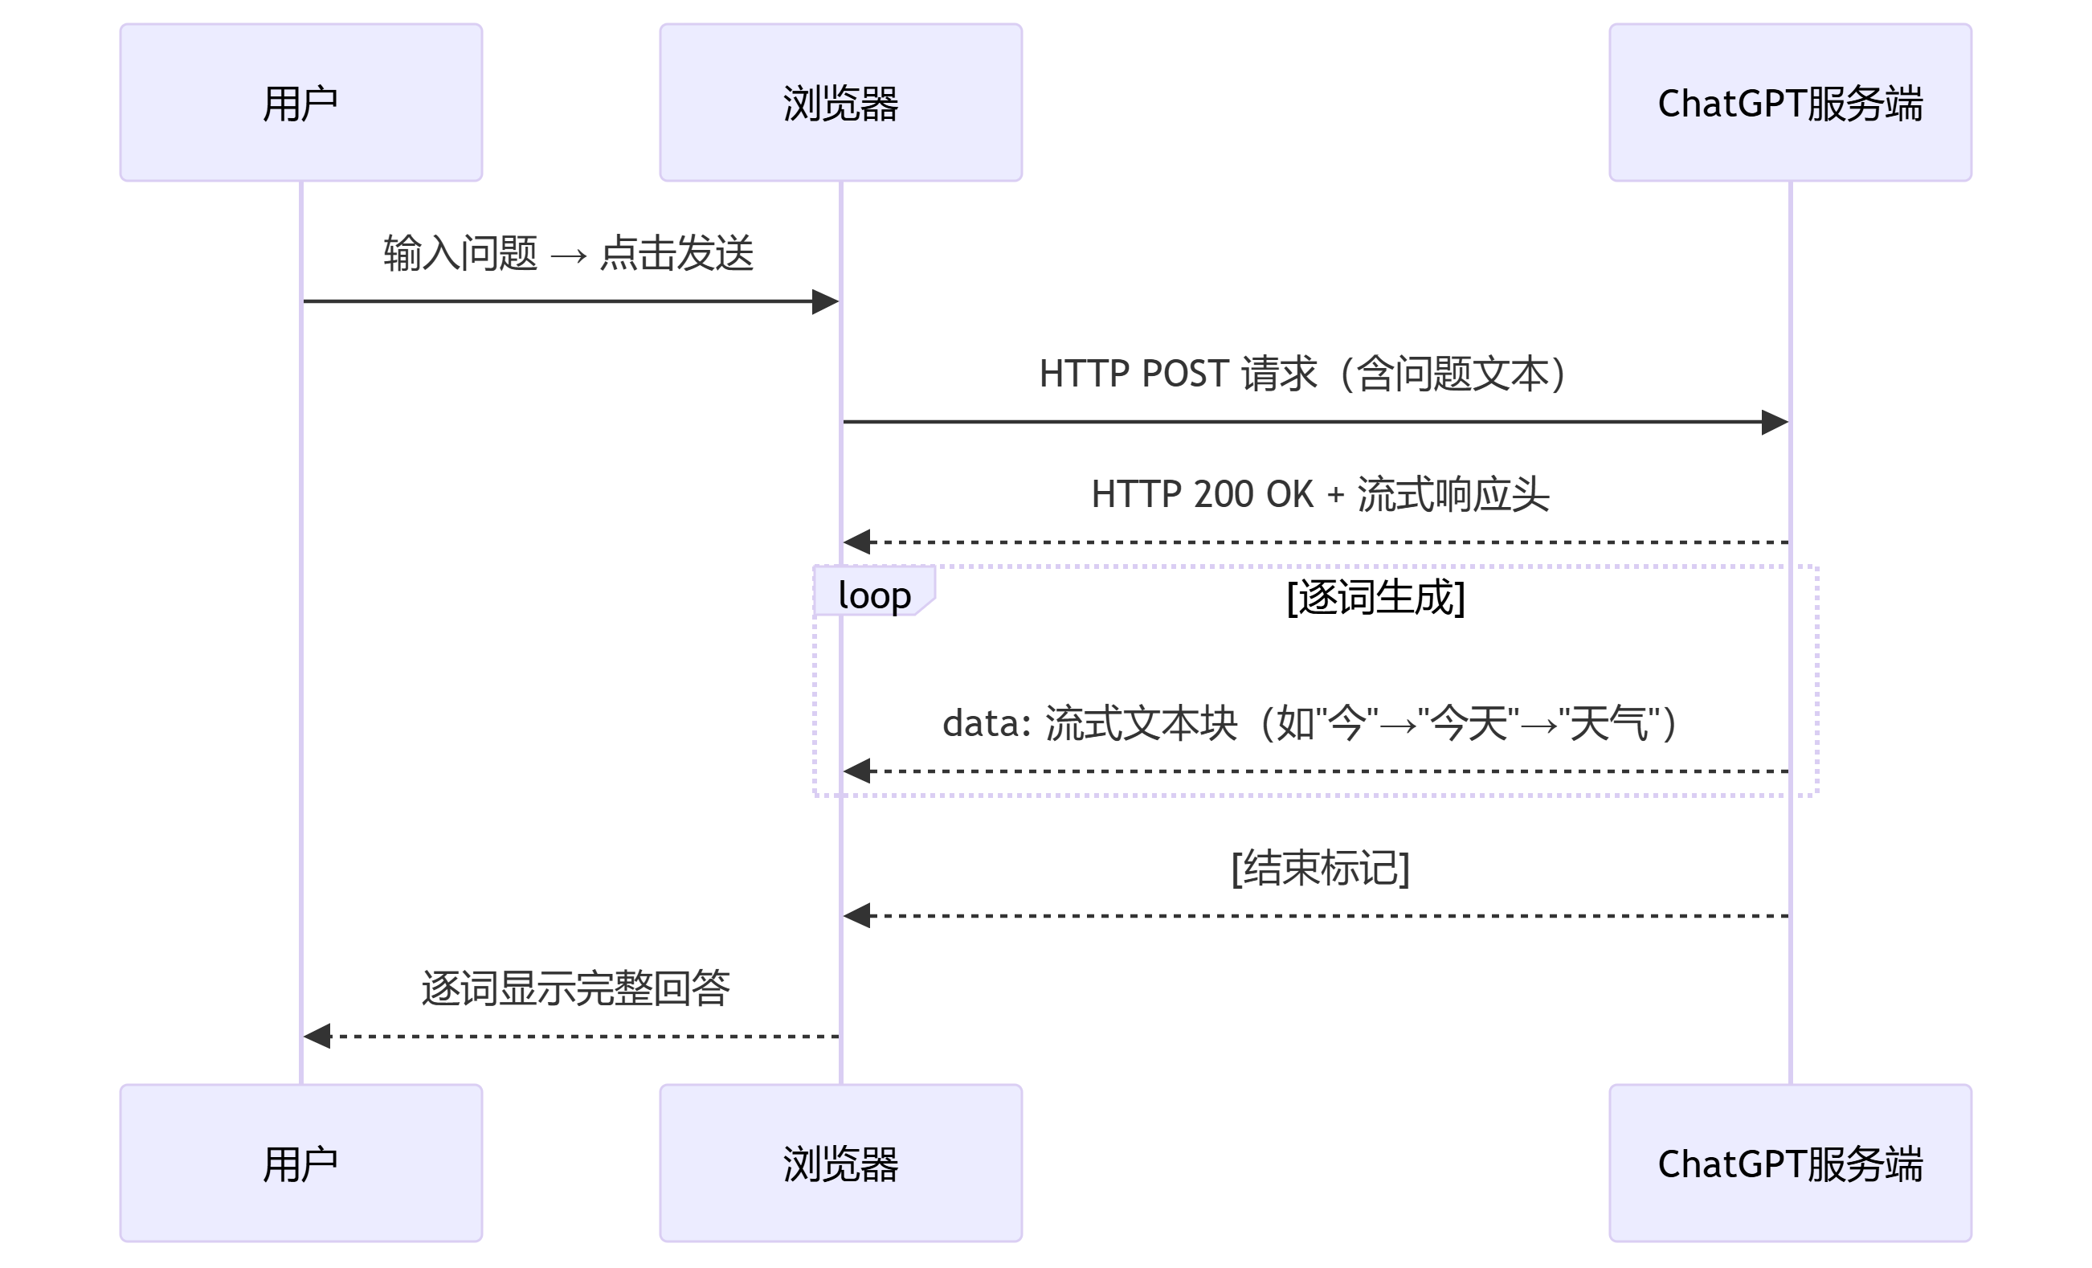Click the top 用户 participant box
pos(300,103)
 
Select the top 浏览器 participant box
pos(840,103)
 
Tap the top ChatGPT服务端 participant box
pos(1790,103)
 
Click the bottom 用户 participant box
pos(300,1163)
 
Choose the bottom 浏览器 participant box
pos(840,1163)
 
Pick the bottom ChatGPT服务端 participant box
pos(1790,1163)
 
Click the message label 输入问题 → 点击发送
pos(569,253)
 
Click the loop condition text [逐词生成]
pos(1375,597)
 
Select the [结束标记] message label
pos(1320,868)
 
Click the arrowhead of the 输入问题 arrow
pos(825,301)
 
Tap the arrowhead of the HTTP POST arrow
pos(1775,422)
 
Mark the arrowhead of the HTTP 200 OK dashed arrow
pos(856,542)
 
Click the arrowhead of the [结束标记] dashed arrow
pos(856,916)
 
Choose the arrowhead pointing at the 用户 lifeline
pos(317,1036)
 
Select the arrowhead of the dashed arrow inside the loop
pos(856,771)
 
